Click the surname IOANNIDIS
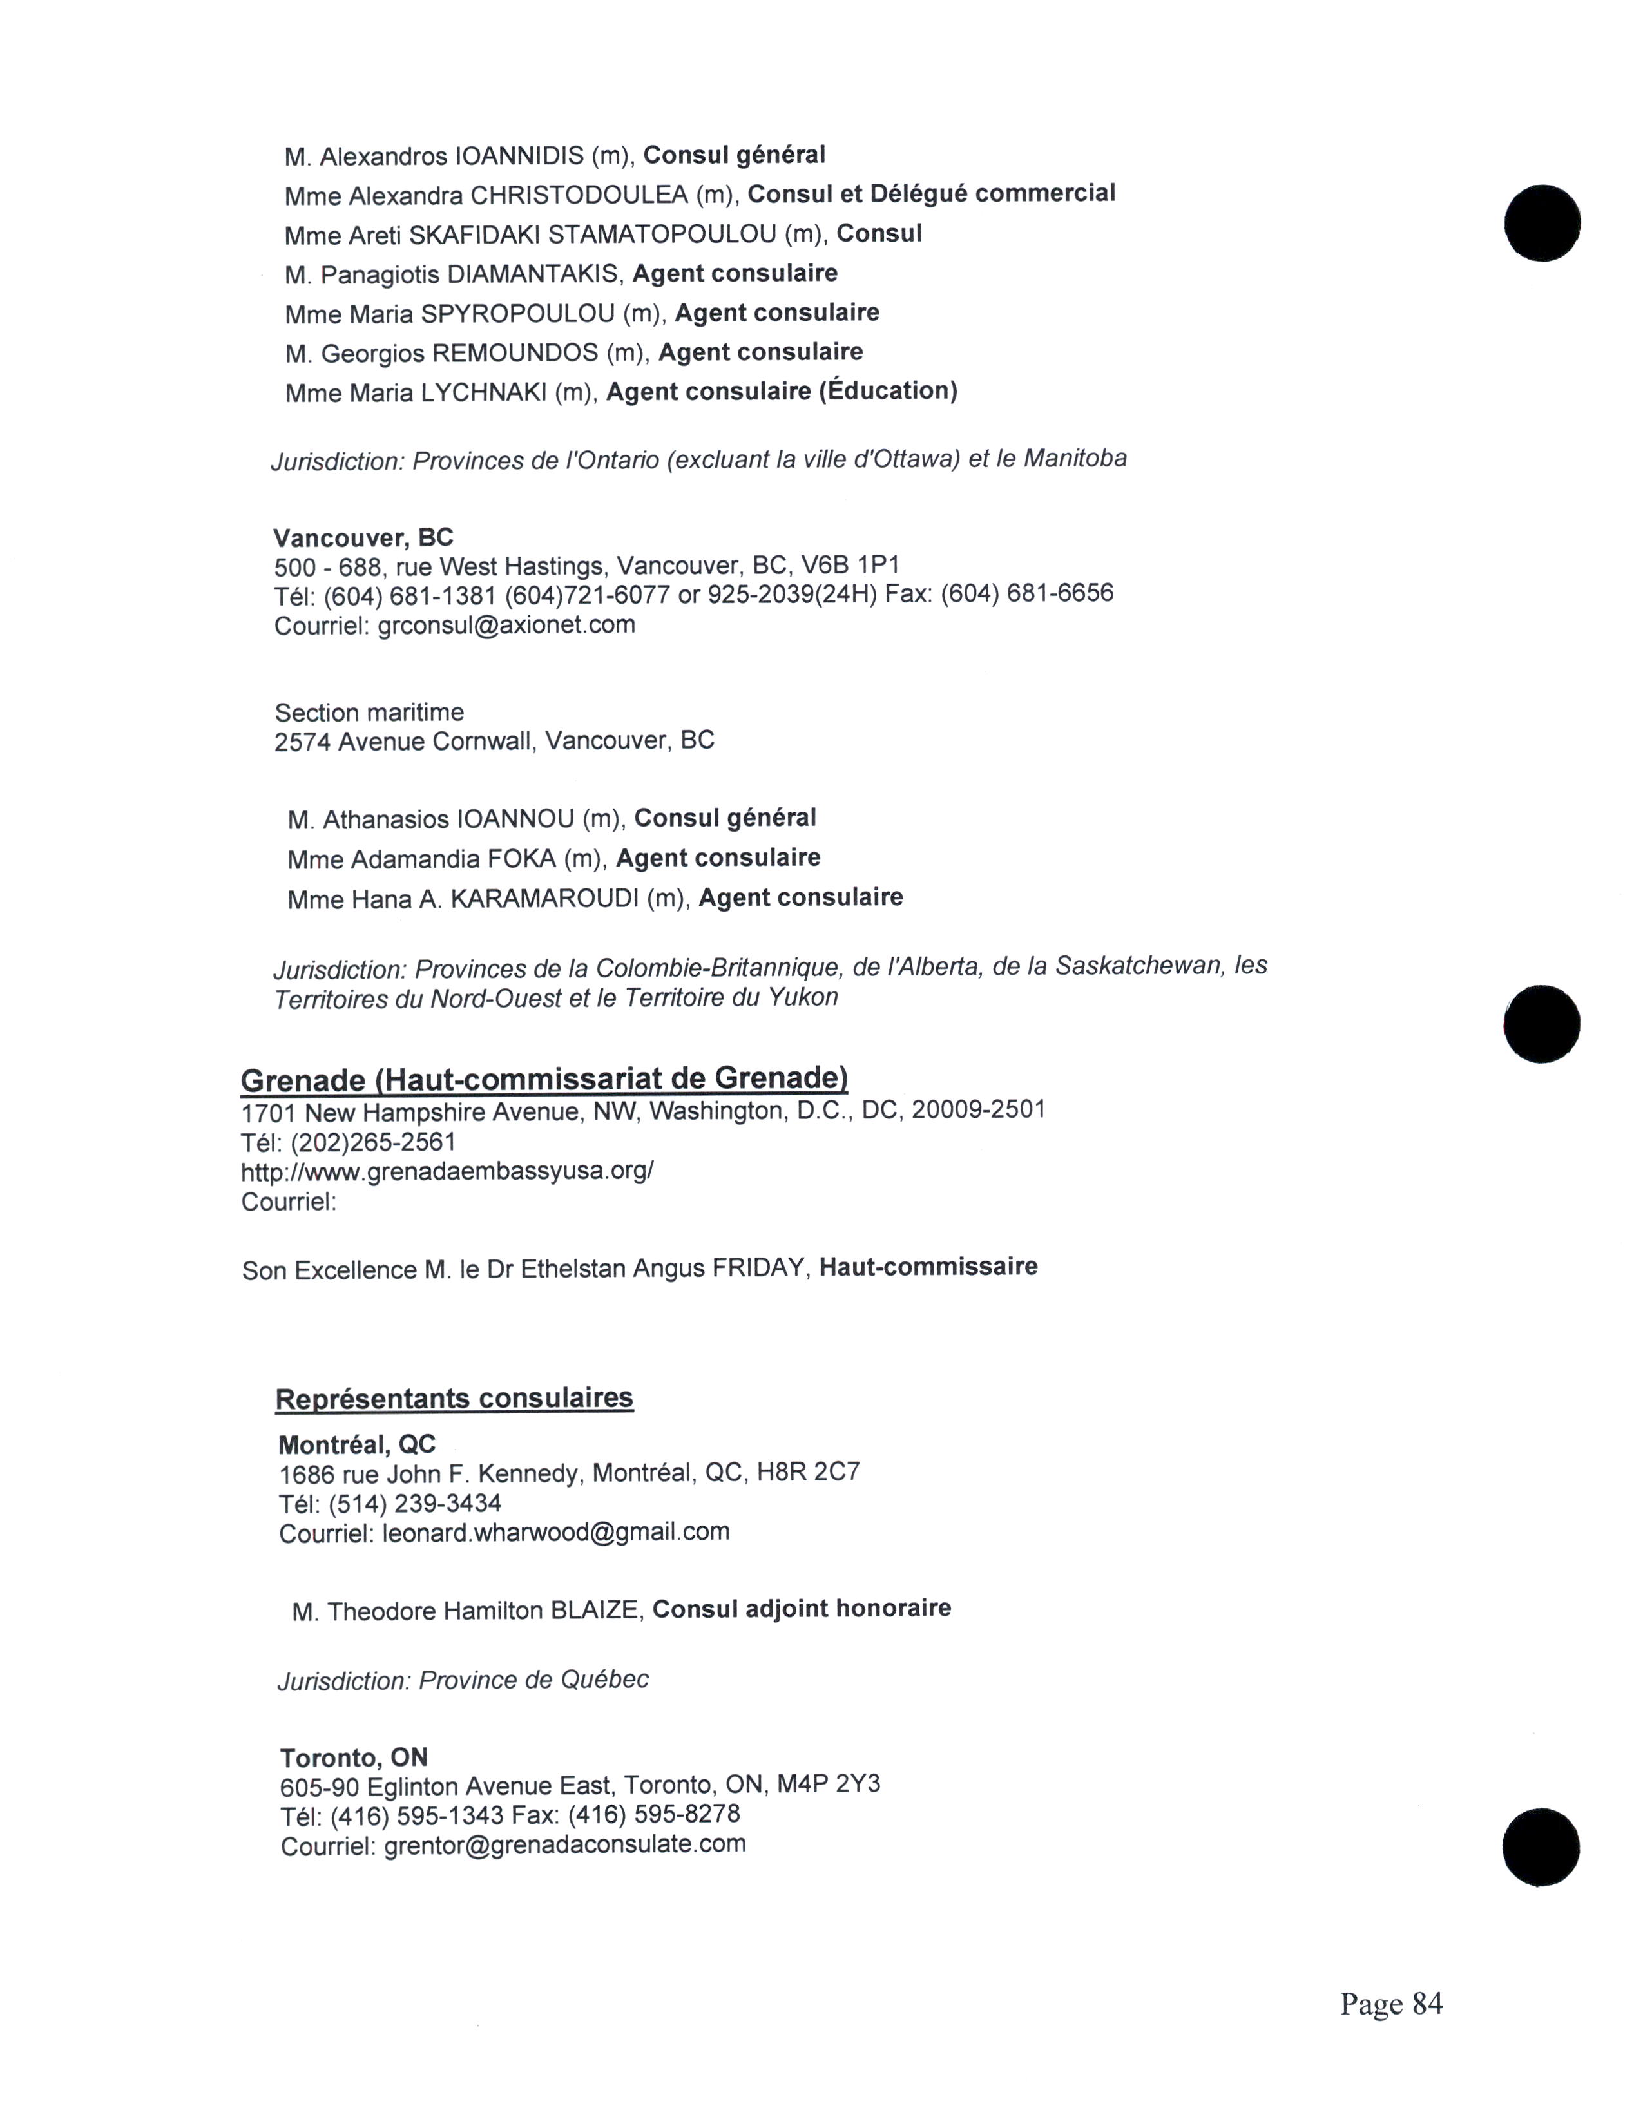coord(519,157)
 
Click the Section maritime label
coord(369,713)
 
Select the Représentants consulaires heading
coord(454,1399)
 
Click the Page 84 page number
coord(1391,2004)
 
